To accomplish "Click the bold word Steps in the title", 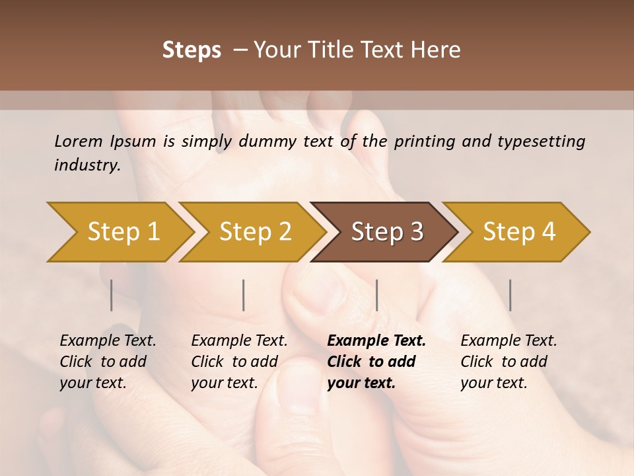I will (192, 50).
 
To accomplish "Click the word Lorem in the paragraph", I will (78, 141).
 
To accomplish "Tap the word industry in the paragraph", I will (87, 165).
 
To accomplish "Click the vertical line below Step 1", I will (112, 295).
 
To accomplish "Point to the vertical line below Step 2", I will (244, 295).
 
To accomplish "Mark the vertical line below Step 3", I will (377, 295).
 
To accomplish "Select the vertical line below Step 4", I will (510, 295).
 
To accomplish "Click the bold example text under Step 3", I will (375, 362).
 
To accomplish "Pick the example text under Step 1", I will (107, 362).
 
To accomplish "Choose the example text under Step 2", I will (238, 362).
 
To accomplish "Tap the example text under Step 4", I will (508, 362).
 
